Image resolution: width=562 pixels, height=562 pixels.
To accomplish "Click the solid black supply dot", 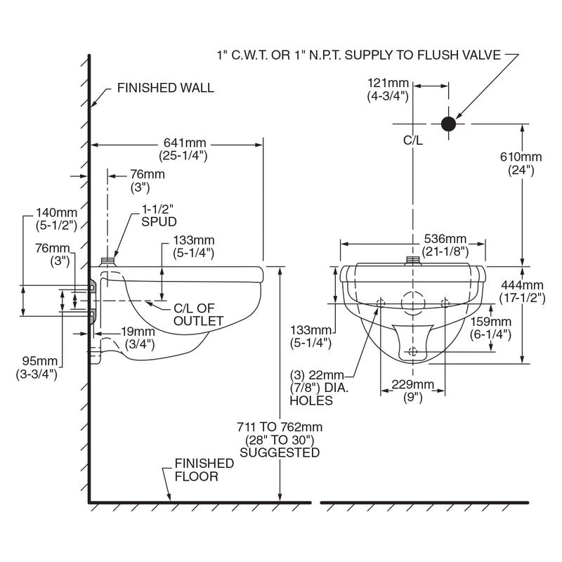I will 448,124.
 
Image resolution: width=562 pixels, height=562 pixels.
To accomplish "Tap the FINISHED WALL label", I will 166,89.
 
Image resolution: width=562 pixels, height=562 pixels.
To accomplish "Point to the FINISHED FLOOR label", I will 204,470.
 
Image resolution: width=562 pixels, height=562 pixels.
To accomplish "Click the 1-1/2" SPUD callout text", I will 158,214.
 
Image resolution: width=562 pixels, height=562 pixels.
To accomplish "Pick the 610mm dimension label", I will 521,163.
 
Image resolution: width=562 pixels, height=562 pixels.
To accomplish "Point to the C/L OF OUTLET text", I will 198,315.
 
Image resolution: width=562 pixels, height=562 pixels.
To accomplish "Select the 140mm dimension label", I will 55,219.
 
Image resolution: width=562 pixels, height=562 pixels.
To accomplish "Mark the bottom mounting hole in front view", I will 412,352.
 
